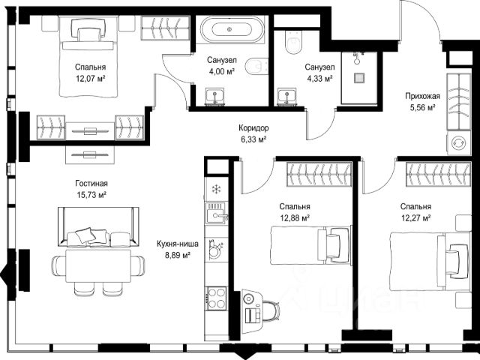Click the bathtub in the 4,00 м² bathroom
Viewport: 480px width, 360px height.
pos(230,29)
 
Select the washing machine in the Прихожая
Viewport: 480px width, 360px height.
pos(458,143)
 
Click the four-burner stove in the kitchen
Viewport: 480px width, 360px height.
pos(217,298)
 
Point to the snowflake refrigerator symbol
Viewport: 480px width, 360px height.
pos(217,189)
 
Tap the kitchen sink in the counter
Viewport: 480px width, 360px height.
pos(217,213)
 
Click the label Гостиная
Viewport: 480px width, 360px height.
pos(91,183)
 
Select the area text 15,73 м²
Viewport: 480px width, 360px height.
pos(91,195)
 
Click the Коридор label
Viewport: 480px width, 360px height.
pos(253,128)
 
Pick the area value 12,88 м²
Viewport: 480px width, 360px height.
pos(295,218)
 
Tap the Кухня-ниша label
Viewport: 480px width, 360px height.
pos(178,244)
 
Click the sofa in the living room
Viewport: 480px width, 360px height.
pos(98,226)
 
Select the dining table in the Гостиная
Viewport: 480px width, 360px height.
pos(98,266)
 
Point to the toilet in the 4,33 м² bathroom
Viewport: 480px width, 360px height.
pos(293,42)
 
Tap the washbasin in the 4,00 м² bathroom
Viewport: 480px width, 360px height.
pos(215,97)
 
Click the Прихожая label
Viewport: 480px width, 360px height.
pos(422,96)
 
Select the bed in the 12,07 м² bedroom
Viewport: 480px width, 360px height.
pos(88,57)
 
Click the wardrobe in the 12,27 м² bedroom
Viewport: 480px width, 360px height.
pos(438,174)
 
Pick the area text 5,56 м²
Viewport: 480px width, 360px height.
pos(422,107)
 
